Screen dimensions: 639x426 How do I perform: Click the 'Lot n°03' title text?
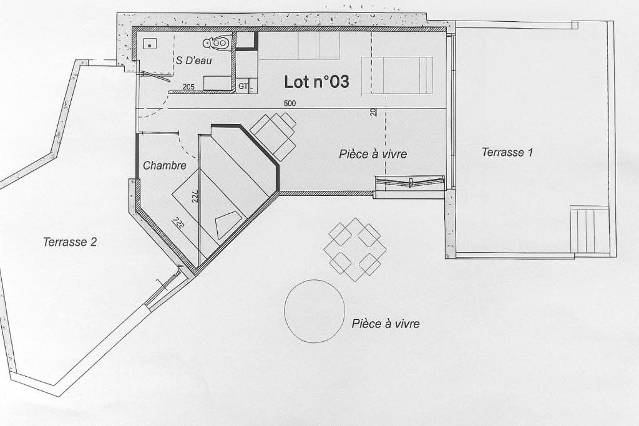tap(316, 82)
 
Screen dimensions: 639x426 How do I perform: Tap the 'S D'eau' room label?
tap(194, 61)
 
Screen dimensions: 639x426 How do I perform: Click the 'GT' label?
tap(243, 86)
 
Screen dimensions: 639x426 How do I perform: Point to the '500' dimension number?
tap(290, 104)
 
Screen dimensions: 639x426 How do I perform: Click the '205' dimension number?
tap(188, 87)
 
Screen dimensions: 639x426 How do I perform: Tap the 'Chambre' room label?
tap(165, 165)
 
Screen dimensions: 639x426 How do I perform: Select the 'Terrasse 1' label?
tap(507, 152)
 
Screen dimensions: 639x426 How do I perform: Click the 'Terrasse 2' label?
tap(70, 242)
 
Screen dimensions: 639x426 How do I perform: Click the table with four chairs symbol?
tap(355, 249)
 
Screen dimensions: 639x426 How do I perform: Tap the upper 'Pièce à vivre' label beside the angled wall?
tap(373, 153)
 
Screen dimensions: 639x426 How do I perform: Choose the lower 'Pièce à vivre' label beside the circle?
tap(386, 323)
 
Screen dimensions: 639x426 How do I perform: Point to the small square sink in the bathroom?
tap(150, 44)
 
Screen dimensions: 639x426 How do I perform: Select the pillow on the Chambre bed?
tap(228, 225)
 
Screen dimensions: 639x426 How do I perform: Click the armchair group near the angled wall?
tap(273, 136)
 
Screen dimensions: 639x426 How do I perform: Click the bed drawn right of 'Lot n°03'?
tap(398, 75)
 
